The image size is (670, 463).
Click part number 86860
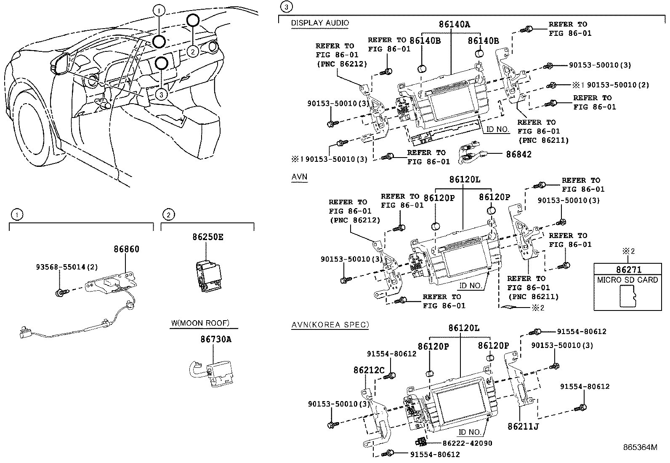[126, 249]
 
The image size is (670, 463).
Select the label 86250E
[208, 237]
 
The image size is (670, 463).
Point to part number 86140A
[454, 24]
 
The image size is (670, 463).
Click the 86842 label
[518, 155]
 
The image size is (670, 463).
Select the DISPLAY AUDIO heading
[320, 23]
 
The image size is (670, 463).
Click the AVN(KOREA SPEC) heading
[330, 324]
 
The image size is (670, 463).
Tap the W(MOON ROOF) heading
[200, 323]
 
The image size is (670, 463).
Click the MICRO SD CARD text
[627, 280]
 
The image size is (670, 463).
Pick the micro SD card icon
[628, 297]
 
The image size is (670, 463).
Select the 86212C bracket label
[369, 370]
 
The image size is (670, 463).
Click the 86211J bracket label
[523, 426]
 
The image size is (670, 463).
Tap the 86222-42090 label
[467, 443]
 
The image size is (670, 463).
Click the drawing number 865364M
[640, 447]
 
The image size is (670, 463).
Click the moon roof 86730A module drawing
[215, 371]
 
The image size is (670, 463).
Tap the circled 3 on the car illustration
[162, 94]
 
